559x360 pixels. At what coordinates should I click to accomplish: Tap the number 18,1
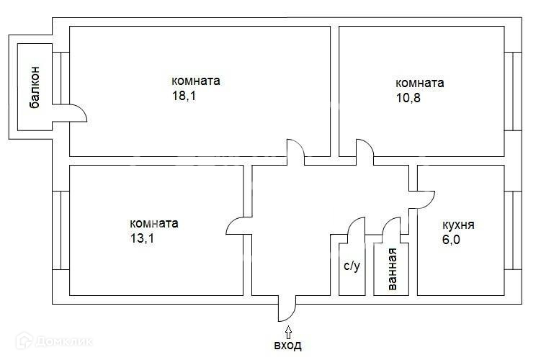(184, 96)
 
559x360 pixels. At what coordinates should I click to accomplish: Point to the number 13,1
(143, 238)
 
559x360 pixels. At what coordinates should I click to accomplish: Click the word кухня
(458, 225)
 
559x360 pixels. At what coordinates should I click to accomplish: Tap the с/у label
(352, 266)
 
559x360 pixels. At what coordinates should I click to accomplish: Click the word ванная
(392, 270)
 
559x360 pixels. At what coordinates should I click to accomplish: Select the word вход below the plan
(287, 346)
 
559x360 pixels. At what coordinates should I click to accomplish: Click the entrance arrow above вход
(288, 331)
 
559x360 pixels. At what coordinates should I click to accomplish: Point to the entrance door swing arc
(288, 310)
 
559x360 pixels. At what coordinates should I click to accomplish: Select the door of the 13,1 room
(236, 227)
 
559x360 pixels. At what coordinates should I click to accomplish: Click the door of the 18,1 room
(296, 150)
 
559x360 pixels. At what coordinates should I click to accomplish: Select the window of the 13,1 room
(61, 230)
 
